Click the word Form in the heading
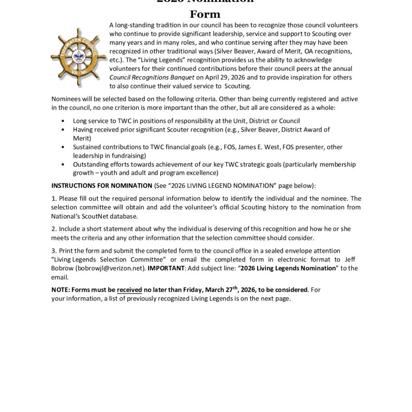[205, 14]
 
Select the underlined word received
[129, 290]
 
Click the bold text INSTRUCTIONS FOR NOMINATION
[102, 185]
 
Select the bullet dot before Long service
[63, 121]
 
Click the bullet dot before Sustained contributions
[63, 147]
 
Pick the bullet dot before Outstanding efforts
[63, 165]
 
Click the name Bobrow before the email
[62, 268]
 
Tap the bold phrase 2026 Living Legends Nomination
[288, 268]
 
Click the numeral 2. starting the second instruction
[54, 229]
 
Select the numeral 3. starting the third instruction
[54, 251]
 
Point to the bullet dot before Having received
[63, 130]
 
